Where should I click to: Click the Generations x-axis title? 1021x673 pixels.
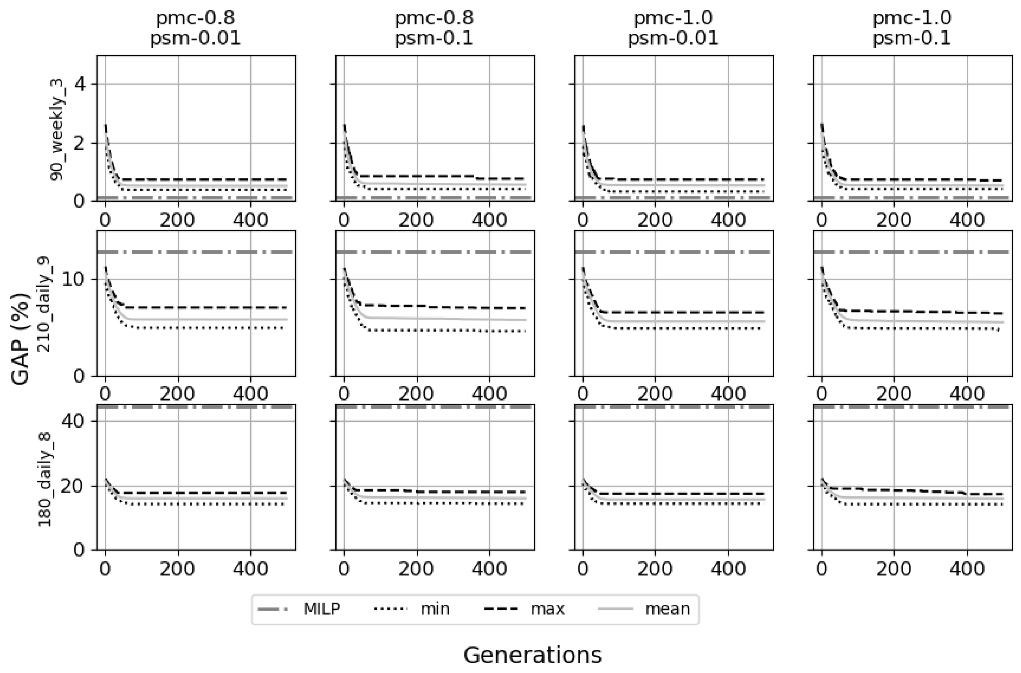click(532, 655)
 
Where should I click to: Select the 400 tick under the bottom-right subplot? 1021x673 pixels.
click(967, 569)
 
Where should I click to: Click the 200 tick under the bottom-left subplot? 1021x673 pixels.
click(178, 569)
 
